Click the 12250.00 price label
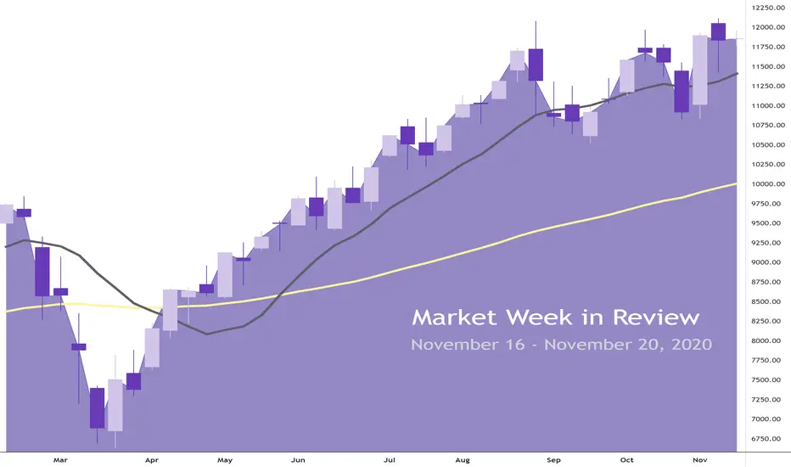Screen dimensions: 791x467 (768, 8)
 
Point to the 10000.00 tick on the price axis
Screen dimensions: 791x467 (768, 184)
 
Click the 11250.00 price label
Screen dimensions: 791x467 (768, 87)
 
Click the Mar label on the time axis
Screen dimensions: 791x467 (60, 460)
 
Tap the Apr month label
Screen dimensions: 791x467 (151, 460)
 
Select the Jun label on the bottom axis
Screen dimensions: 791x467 (298, 460)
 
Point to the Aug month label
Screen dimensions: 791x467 (463, 460)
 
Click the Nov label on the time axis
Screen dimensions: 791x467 (699, 460)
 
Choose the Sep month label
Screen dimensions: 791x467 (553, 460)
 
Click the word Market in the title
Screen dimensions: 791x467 (455, 318)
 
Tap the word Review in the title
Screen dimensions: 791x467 (656, 318)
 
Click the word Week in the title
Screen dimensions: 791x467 (539, 318)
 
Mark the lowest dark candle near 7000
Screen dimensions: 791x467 (98, 408)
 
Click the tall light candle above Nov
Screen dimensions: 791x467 (699, 70)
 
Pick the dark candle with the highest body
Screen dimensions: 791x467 (718, 31)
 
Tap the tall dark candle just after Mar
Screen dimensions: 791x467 (42, 272)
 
